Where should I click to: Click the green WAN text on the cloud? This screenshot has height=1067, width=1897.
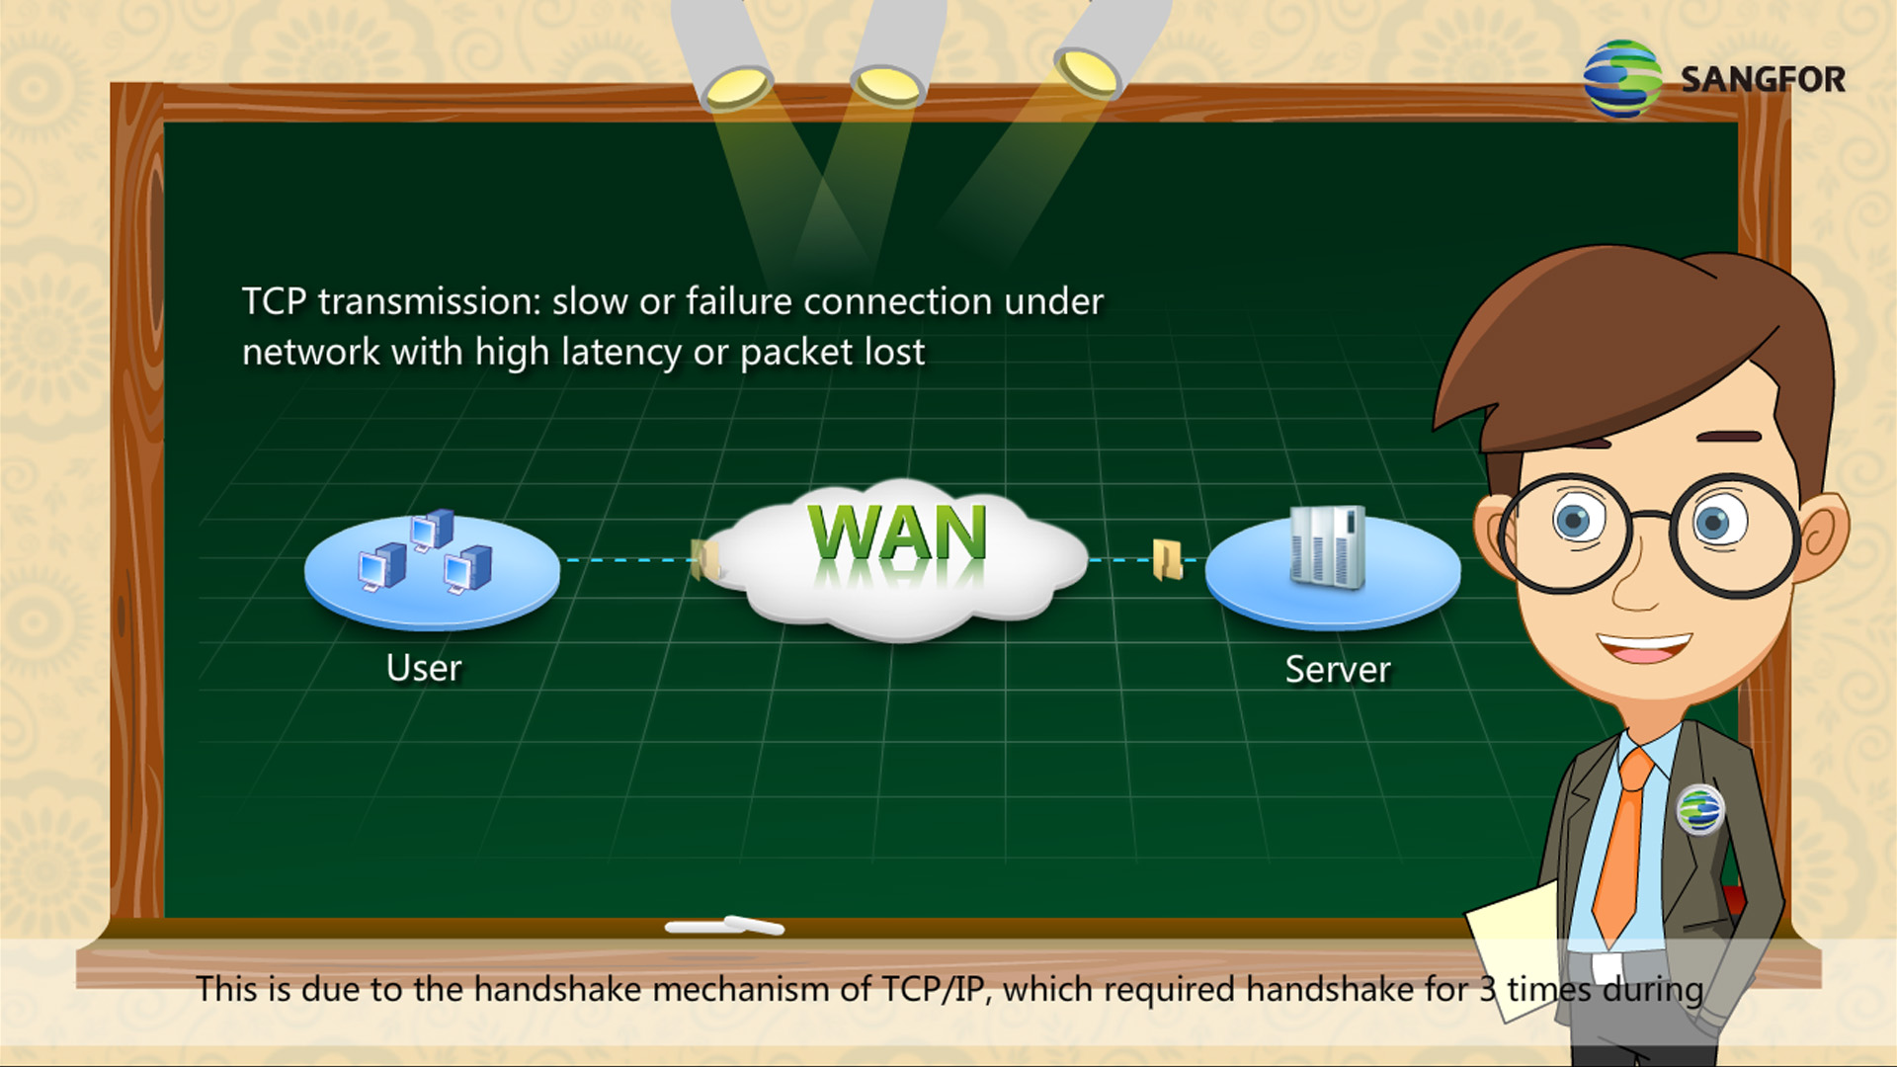tap(897, 533)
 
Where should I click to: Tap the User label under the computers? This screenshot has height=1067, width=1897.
tap(424, 669)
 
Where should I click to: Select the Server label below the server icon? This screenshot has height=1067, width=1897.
tap(1338, 670)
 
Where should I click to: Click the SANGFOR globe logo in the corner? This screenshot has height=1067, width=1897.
tap(1621, 79)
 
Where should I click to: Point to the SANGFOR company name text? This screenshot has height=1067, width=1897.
tap(1763, 79)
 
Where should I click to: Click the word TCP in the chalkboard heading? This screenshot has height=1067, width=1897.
tap(274, 301)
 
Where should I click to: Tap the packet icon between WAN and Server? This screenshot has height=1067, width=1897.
tap(1167, 559)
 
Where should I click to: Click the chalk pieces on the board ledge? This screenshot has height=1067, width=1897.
tap(724, 926)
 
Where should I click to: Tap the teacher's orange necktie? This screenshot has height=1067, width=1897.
tap(1624, 840)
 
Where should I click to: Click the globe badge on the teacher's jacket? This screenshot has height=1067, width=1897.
tap(1699, 809)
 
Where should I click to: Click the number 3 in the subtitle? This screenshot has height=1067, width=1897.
tap(1487, 989)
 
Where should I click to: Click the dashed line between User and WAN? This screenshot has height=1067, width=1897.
tap(627, 560)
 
